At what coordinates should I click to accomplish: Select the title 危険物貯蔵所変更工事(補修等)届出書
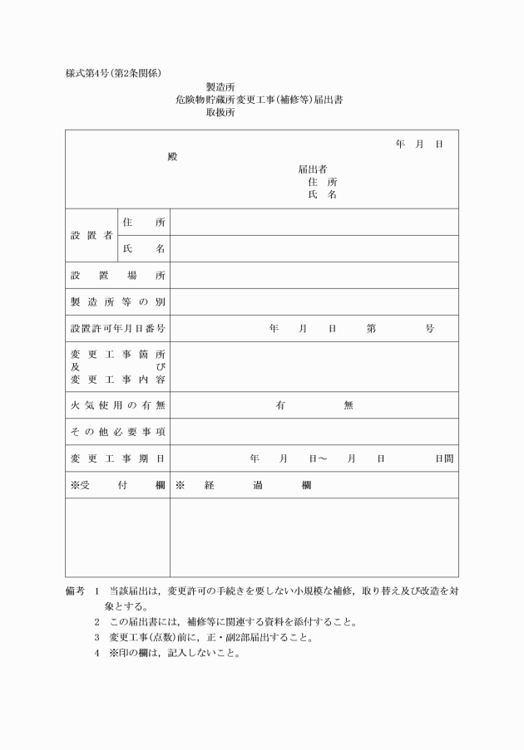[x=260, y=100]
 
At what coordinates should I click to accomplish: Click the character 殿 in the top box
[x=172, y=157]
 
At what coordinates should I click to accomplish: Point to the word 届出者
[x=312, y=169]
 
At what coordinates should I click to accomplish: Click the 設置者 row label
[x=91, y=235]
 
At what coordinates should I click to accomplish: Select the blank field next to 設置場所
[x=314, y=275]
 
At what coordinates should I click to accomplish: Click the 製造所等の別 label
[x=117, y=301]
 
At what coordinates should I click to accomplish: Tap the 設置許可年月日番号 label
[x=117, y=328]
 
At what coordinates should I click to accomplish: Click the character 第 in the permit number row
[x=371, y=328]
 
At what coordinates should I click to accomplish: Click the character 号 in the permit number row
[x=429, y=328]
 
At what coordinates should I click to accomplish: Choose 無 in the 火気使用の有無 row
[x=348, y=405]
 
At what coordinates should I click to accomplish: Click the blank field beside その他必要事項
[x=314, y=432]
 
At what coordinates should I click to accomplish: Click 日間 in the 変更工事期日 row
[x=443, y=458]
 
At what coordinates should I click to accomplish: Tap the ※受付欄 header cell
[x=117, y=485]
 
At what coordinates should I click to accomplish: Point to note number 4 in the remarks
[x=97, y=652]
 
